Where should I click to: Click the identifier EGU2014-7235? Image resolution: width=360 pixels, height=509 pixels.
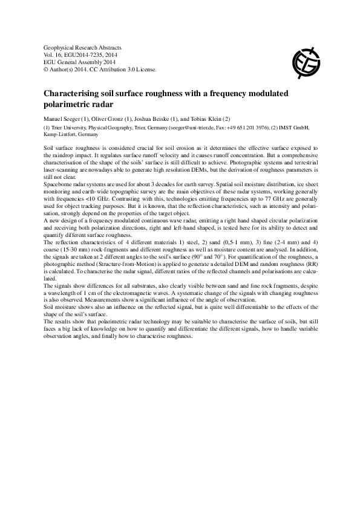tap(83, 54)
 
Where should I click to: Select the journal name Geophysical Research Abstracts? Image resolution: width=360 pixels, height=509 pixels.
tap(83, 47)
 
